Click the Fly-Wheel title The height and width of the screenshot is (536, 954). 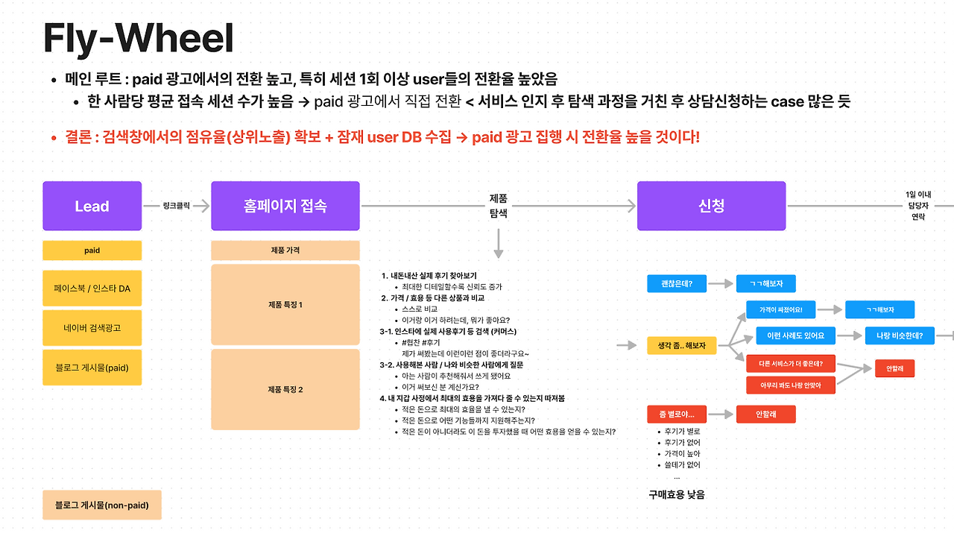138,39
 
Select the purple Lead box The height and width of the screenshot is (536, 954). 92,206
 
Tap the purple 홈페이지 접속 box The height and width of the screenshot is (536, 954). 285,206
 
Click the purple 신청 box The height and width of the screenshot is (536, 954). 711,206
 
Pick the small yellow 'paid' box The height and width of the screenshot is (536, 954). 92,251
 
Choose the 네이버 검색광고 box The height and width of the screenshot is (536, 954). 92,327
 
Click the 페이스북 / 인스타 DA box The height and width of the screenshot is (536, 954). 92,289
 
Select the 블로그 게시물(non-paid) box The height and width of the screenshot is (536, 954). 102,505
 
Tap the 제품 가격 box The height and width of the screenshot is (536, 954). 285,250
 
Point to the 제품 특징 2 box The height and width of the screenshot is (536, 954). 285,389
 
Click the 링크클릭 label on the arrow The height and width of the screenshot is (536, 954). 176,206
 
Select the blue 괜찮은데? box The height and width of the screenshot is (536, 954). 677,283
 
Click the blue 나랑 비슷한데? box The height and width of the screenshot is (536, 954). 900,336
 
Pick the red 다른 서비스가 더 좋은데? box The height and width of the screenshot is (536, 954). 790,364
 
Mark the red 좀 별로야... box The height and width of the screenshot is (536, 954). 677,414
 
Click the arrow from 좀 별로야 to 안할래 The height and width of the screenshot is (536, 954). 720,414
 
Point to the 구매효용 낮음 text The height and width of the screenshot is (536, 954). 676,494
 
